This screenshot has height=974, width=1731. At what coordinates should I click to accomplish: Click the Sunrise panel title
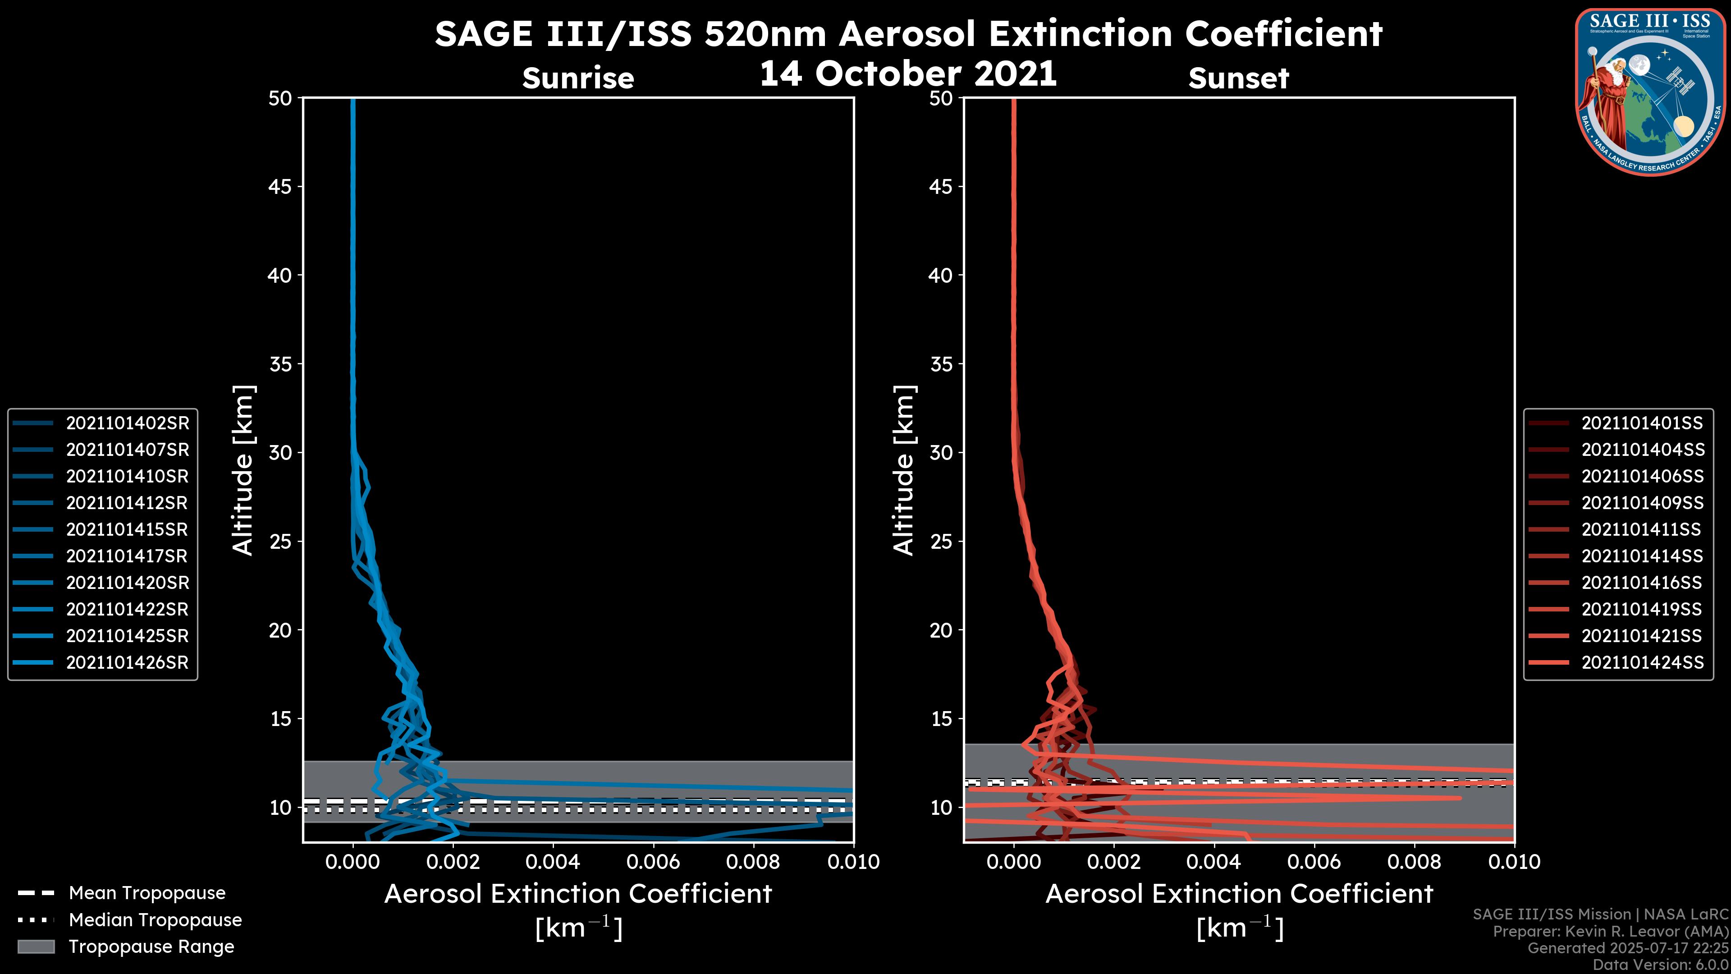[x=578, y=78]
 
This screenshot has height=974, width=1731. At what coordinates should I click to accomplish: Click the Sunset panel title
[x=1238, y=78]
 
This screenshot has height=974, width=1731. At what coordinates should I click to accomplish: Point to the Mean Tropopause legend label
[x=147, y=893]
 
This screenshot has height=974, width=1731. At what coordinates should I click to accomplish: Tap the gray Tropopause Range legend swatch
[x=36, y=946]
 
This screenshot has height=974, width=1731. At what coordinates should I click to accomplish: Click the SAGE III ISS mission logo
[x=1650, y=92]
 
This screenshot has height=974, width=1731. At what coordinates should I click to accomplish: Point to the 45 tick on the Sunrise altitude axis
[x=280, y=186]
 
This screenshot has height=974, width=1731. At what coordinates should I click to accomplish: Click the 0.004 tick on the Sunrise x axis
[x=553, y=862]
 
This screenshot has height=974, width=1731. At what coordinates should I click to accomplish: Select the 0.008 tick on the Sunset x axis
[x=1415, y=862]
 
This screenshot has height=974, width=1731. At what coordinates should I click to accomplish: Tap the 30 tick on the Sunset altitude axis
[x=941, y=452]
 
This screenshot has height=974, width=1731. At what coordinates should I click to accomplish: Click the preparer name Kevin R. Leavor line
[x=1610, y=931]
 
